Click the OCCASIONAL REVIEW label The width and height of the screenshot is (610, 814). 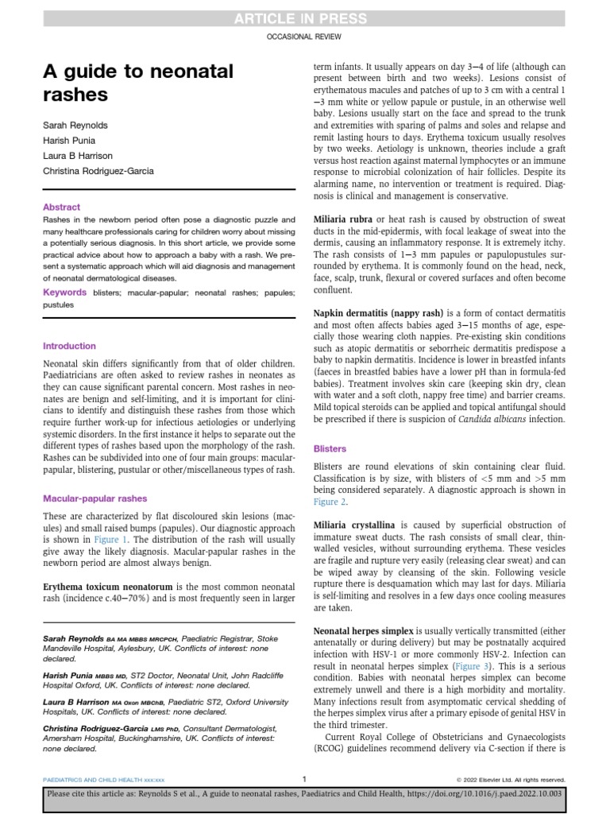coord(304,38)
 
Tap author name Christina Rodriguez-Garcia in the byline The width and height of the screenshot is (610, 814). coord(98,170)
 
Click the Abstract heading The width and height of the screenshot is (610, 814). coord(61,207)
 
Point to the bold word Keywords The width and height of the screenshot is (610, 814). coord(64,293)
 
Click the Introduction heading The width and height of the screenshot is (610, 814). coord(69,346)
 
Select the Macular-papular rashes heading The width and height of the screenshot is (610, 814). coord(95,498)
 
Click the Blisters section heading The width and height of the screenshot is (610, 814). coord(330,448)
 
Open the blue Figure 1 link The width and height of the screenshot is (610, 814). coord(111,538)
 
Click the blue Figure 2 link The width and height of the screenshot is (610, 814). coord(330,502)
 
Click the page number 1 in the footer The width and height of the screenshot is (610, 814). coord(304,779)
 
